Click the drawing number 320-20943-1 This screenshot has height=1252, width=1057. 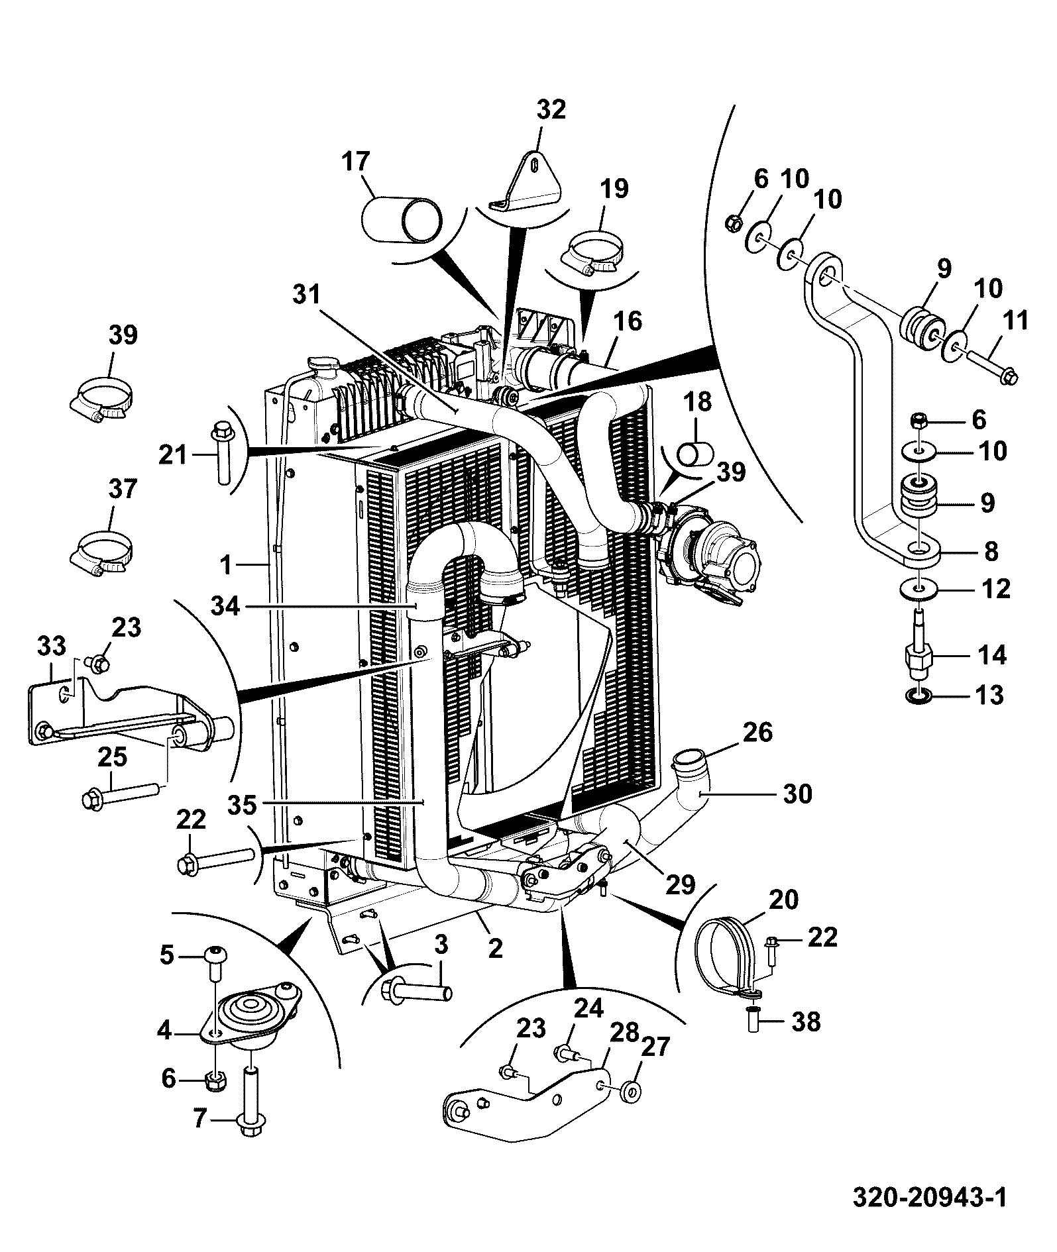point(928,1196)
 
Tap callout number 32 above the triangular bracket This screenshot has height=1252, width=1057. point(551,109)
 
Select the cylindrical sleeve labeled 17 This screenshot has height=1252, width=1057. point(402,220)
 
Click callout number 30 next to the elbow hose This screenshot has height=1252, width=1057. point(797,793)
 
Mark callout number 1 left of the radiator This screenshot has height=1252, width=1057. point(227,565)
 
